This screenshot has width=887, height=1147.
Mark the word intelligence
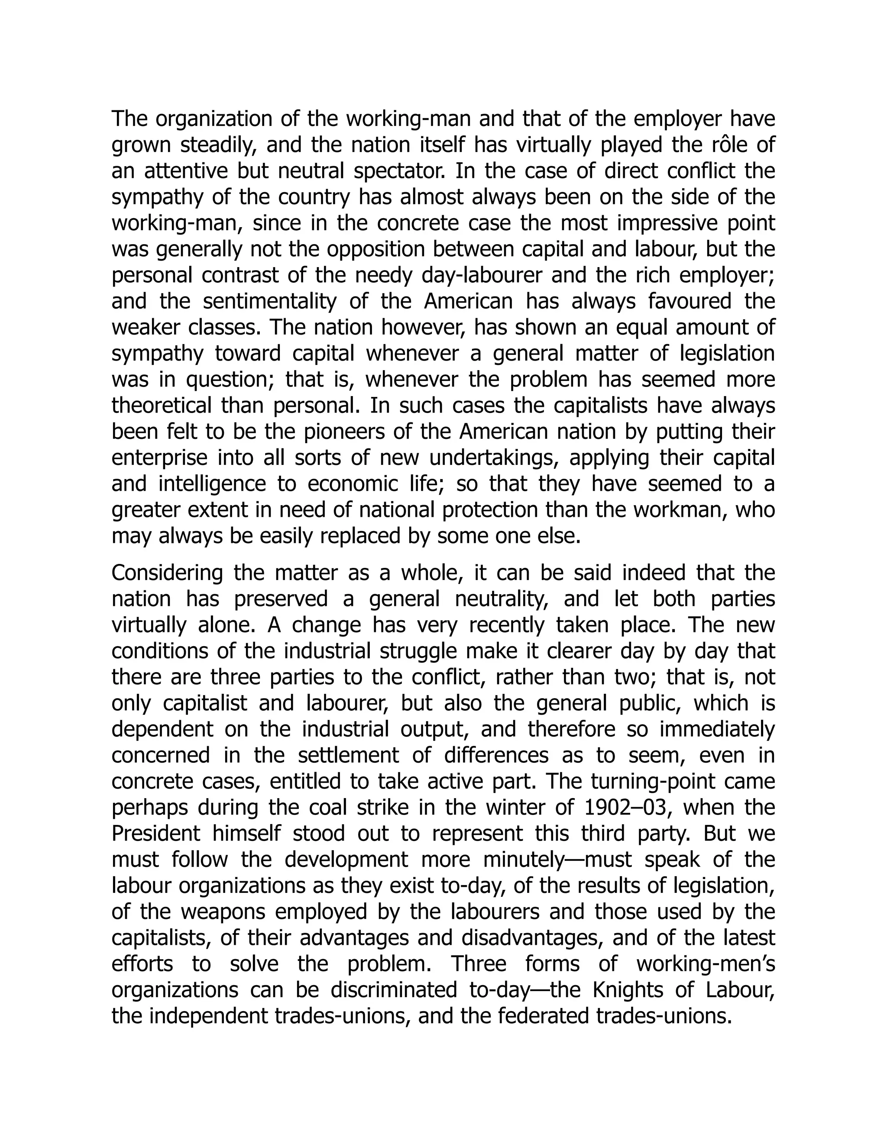point(212,484)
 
